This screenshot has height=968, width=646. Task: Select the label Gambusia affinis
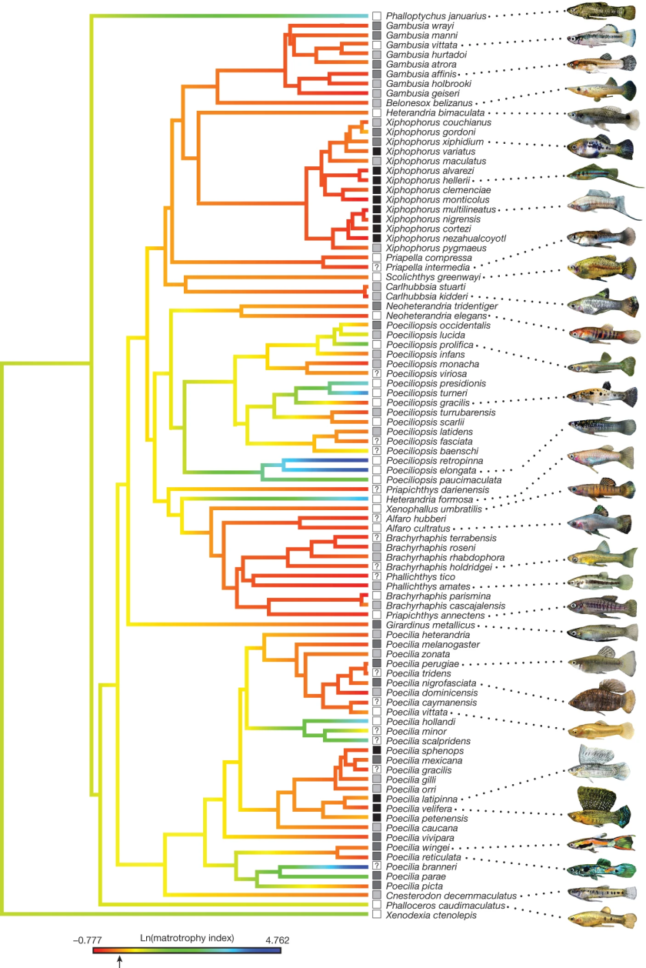pyautogui.click(x=416, y=73)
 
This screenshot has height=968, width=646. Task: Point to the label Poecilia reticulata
pyautogui.click(x=424, y=856)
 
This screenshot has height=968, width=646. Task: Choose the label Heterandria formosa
pyautogui.click(x=425, y=499)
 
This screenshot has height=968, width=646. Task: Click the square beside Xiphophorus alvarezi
pyautogui.click(x=377, y=170)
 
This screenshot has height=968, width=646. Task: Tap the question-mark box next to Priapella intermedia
pyautogui.click(x=377, y=266)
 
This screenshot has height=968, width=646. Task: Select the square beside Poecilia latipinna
pyautogui.click(x=377, y=799)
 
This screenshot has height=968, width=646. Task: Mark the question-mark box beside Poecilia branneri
pyautogui.click(x=377, y=866)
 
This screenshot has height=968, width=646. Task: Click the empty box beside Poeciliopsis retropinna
pyautogui.click(x=377, y=460)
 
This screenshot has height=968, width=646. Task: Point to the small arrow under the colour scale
pyautogui.click(x=120, y=960)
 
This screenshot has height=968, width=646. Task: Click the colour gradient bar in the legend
pyautogui.click(x=185, y=950)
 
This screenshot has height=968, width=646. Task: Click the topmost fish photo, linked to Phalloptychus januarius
pyautogui.click(x=597, y=12)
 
